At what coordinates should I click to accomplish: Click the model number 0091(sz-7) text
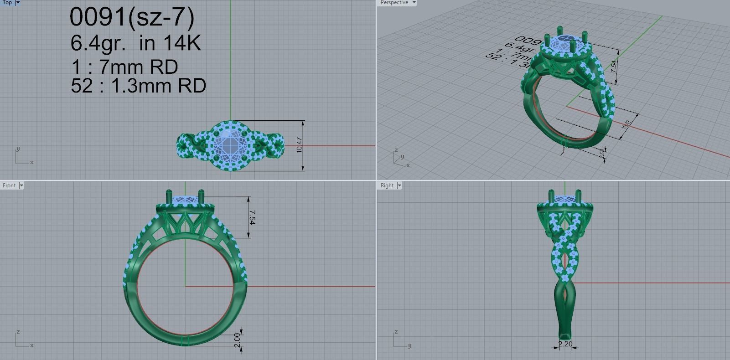(132, 17)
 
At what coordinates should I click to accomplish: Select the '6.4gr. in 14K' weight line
(135, 43)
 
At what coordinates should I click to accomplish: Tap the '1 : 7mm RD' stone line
(124, 67)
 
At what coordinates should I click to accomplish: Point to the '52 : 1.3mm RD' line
(138, 86)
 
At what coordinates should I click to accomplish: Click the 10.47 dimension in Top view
(299, 145)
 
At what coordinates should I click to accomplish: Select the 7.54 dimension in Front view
(252, 217)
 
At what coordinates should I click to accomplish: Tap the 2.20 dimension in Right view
(565, 344)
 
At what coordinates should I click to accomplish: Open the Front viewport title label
(9, 185)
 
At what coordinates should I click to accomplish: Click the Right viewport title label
(387, 185)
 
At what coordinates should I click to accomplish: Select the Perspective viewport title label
(394, 3)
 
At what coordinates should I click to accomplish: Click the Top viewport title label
(7, 3)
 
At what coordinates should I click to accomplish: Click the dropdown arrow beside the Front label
(21, 185)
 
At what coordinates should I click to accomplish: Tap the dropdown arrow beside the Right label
(399, 185)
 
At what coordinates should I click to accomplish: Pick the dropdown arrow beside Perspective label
(414, 3)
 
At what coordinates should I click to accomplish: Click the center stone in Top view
(230, 146)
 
